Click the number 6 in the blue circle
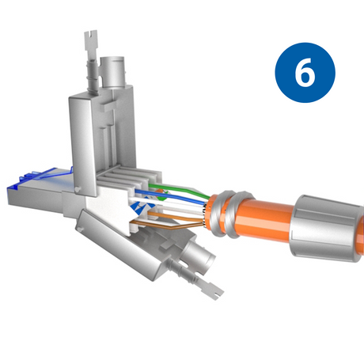click(x=305, y=73)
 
